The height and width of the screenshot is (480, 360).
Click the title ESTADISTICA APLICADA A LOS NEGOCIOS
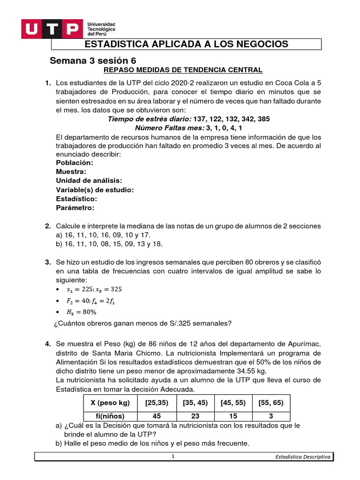click(x=186, y=44)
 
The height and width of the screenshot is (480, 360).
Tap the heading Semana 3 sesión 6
click(x=93, y=60)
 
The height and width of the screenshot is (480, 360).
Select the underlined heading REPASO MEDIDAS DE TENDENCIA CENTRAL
click(x=183, y=70)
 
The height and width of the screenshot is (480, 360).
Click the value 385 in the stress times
click(x=263, y=119)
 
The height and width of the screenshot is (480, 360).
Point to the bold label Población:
click(x=75, y=163)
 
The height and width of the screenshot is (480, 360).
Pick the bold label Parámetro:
click(x=75, y=207)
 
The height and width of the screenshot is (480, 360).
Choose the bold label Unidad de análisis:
click(x=89, y=180)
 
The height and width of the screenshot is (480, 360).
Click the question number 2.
click(x=48, y=226)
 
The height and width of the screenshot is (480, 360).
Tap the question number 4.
click(x=48, y=344)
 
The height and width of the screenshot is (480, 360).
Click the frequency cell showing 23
click(x=194, y=416)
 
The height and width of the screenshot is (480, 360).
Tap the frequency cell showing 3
click(x=270, y=416)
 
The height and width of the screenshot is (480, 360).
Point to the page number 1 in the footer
click(x=173, y=457)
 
